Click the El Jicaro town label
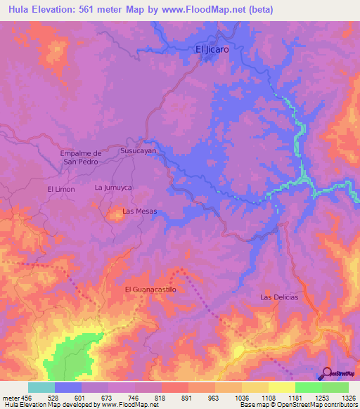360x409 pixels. click(212, 50)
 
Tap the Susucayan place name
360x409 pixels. click(137, 150)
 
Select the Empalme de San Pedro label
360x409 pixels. click(83, 157)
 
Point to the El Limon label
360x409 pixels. click(61, 190)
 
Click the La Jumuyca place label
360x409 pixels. click(114, 188)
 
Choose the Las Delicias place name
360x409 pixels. click(279, 297)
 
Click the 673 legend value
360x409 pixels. click(108, 398)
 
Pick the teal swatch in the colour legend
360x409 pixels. click(41, 387)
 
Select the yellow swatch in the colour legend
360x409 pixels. click(281, 387)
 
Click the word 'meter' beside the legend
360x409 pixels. click(10, 398)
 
